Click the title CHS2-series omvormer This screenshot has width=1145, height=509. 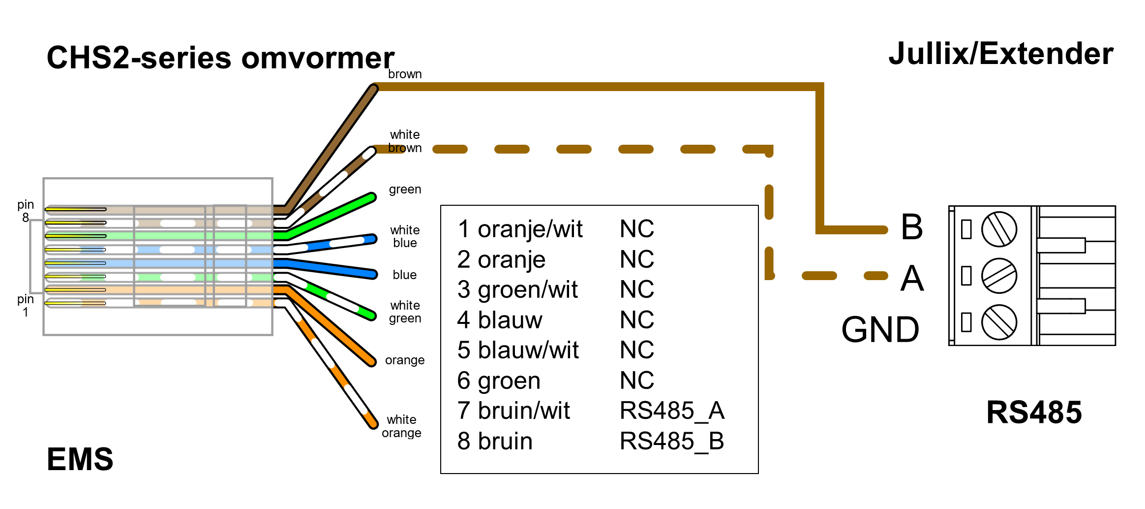click(x=220, y=58)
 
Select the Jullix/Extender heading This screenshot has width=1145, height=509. click(x=1000, y=54)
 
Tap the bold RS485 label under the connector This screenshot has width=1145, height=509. click(x=1034, y=413)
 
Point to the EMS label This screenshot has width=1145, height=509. click(x=80, y=459)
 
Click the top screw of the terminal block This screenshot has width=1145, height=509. click(x=999, y=229)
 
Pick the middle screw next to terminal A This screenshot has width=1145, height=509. click(x=999, y=276)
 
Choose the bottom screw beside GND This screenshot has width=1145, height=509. click(x=999, y=322)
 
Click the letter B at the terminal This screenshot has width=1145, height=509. click(x=911, y=227)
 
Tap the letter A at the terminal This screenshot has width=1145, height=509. click(x=912, y=278)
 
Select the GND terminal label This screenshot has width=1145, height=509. click(x=880, y=329)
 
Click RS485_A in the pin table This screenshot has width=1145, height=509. click(x=672, y=411)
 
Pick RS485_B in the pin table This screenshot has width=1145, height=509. click(x=672, y=441)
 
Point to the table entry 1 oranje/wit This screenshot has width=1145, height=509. click(x=520, y=229)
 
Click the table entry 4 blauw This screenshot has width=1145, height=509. click(x=499, y=320)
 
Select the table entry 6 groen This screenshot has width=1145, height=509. click(x=499, y=381)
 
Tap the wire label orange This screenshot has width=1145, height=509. click(x=404, y=360)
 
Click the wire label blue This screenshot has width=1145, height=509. click(x=404, y=275)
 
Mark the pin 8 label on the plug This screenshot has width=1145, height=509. click(x=26, y=211)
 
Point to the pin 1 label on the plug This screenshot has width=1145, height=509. click(x=26, y=305)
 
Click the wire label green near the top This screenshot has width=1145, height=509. click(x=405, y=190)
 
